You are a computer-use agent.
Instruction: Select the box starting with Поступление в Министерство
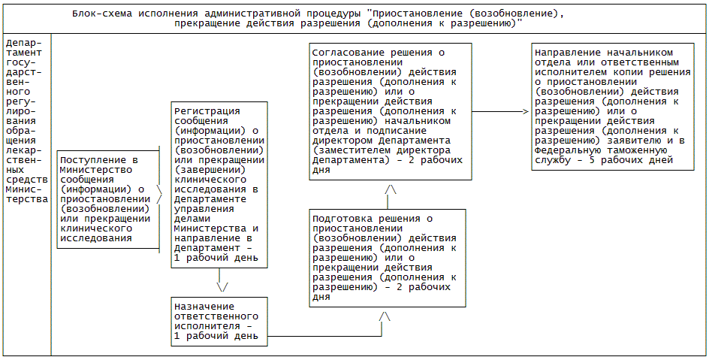pos(108,199)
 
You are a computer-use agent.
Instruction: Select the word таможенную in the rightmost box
pos(630,149)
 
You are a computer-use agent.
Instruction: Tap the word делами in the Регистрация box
pos(192,219)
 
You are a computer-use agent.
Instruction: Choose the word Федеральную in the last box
pos(569,149)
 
